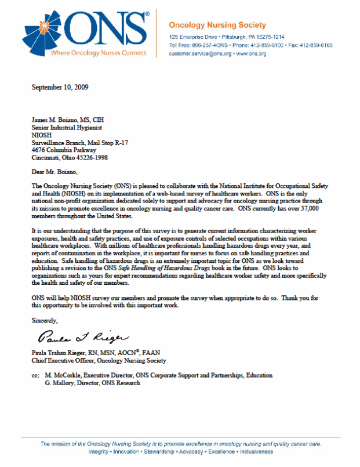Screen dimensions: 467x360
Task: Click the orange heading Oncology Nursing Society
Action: click(x=217, y=25)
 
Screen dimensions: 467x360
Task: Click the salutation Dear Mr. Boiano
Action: click(x=54, y=172)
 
